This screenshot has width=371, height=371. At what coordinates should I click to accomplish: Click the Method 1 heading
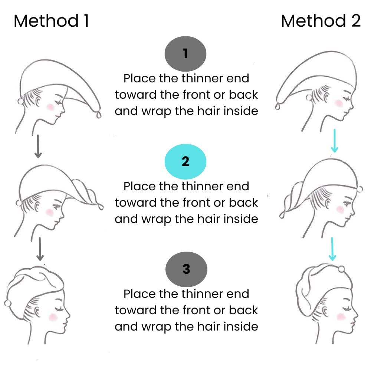[51, 21]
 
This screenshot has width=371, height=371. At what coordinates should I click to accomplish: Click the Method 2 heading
[321, 21]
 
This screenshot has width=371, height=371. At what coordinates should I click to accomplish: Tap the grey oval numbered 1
[185, 54]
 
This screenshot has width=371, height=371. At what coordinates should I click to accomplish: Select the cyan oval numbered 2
[185, 161]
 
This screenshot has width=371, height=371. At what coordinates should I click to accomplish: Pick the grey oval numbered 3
[187, 269]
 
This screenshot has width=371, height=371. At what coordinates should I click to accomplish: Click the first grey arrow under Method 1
[38, 147]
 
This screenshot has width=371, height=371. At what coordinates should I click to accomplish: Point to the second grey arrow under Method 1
[40, 249]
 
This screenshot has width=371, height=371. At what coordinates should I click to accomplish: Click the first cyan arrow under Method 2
[335, 141]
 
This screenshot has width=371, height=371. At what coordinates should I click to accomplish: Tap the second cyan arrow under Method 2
[332, 249]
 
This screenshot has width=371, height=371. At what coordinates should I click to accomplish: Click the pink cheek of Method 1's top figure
[50, 107]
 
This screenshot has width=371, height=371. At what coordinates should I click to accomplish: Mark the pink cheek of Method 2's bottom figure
[341, 316]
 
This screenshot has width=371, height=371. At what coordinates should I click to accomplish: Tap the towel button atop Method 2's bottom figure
[341, 269]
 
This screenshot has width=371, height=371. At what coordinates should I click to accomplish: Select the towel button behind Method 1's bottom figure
[8, 303]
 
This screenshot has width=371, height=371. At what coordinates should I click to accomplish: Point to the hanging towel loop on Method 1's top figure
[99, 115]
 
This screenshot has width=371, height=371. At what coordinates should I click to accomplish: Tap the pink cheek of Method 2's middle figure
[340, 209]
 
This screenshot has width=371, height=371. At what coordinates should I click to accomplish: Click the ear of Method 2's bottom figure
[326, 311]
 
